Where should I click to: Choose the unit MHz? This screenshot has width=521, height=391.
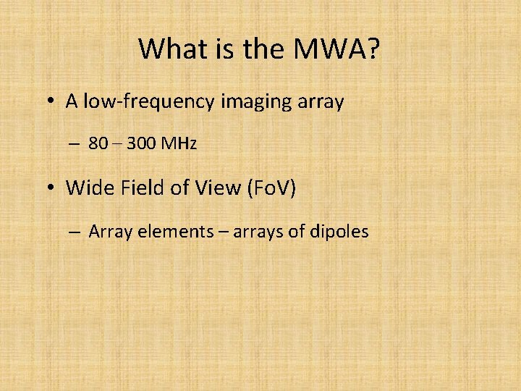pos(179,144)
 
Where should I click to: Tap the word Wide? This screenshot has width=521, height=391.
pos(86,188)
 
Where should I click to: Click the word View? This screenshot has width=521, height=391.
pos(217,188)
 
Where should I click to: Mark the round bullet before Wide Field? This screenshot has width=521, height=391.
pos(48,189)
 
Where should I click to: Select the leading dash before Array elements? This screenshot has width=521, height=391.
pos(75,232)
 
